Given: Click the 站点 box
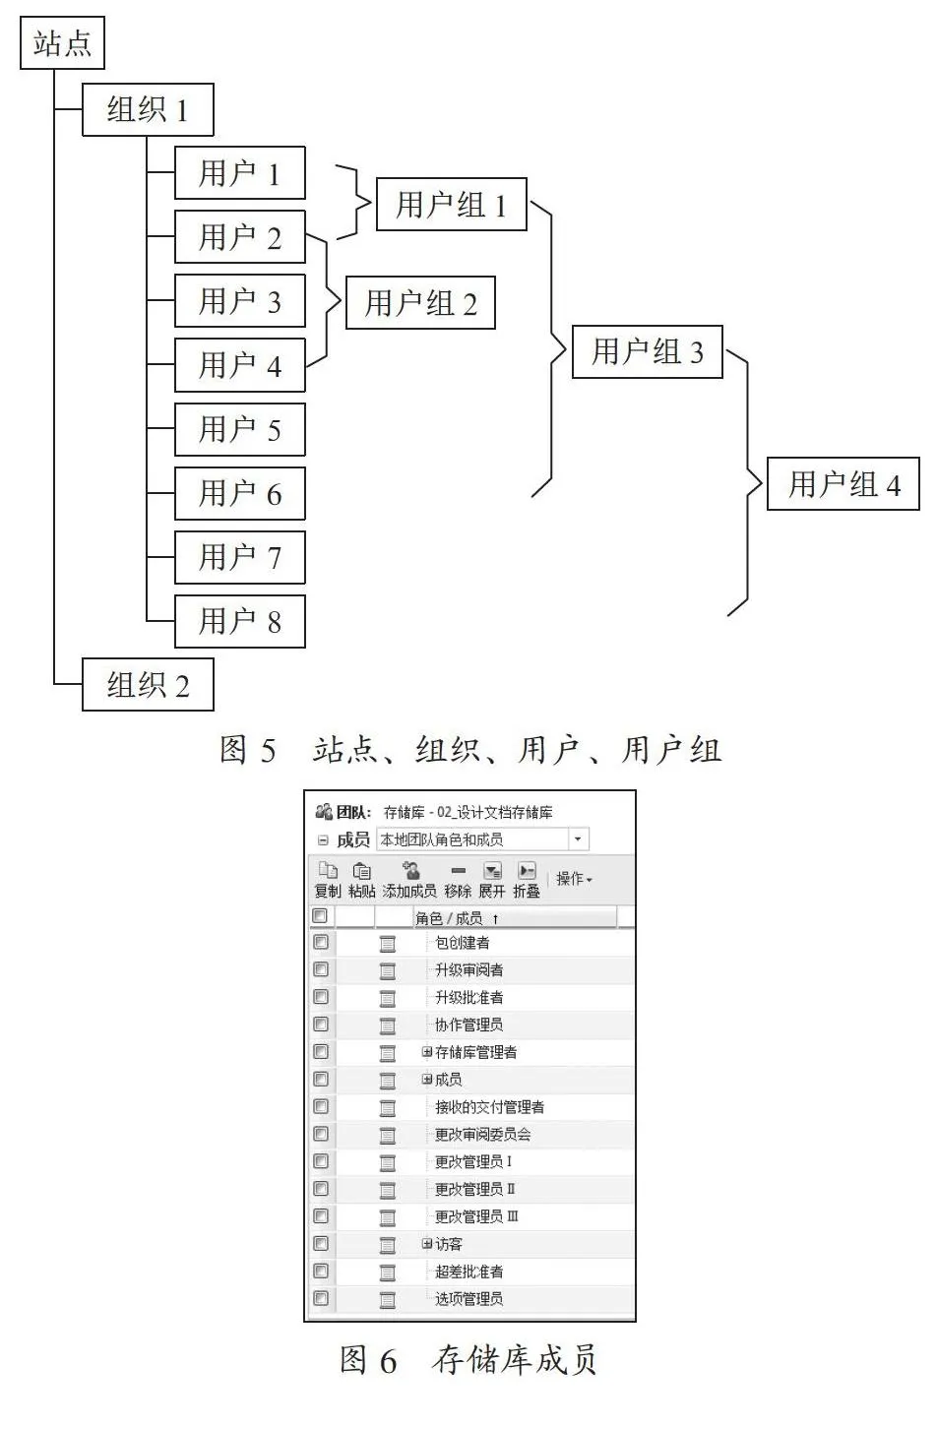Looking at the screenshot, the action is [x=62, y=42].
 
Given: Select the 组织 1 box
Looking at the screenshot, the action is [x=148, y=109].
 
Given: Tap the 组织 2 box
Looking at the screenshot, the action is [x=148, y=685].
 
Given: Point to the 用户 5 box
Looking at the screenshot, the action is [x=240, y=429].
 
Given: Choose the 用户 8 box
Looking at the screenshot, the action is [x=240, y=621].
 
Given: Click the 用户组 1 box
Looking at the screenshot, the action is [x=452, y=204].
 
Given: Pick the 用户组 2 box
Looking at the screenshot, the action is [x=421, y=302].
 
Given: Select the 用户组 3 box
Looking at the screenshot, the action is [x=648, y=352].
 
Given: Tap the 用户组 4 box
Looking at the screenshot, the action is [x=843, y=483].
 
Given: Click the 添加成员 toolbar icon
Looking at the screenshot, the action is [x=410, y=871].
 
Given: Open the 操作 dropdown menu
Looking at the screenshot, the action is [x=574, y=879].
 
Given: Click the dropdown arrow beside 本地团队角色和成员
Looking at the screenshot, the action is [x=578, y=839].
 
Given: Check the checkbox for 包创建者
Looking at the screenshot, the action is [x=321, y=942].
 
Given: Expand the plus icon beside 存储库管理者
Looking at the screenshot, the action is [x=427, y=1052].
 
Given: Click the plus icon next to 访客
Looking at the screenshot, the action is [x=427, y=1243].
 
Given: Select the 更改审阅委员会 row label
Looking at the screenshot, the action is [x=483, y=1135].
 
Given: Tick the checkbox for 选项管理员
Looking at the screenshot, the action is [x=321, y=1298].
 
